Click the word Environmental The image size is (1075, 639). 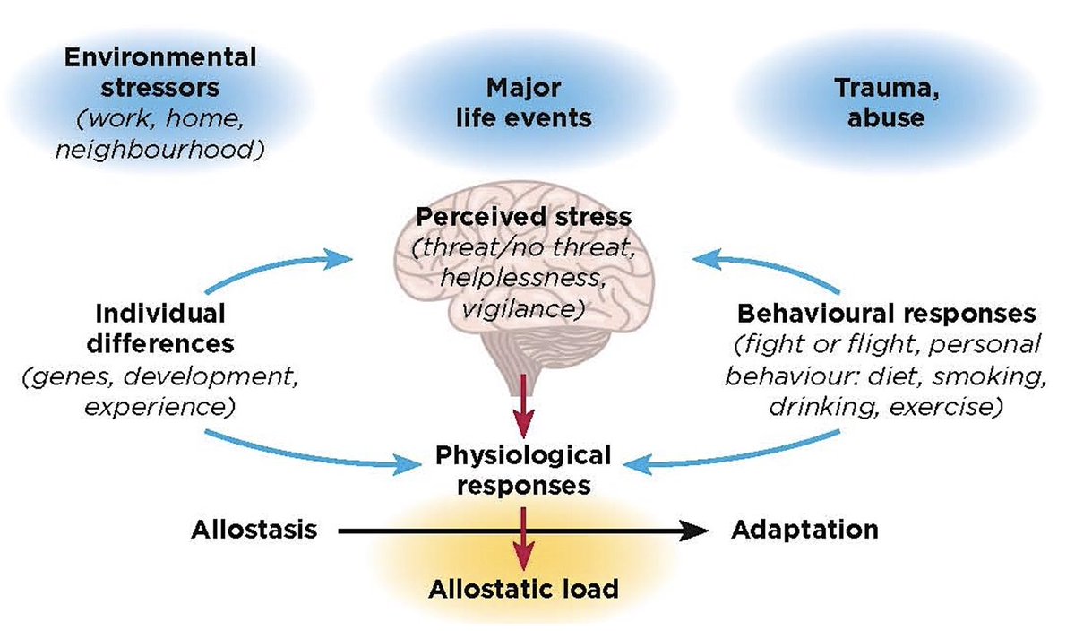(x=160, y=57)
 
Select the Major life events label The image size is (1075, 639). (x=523, y=103)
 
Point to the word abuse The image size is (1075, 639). (x=886, y=118)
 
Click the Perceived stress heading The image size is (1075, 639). (x=523, y=217)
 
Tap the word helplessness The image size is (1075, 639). (x=523, y=278)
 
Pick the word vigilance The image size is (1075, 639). (x=520, y=308)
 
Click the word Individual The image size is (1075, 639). (x=160, y=314)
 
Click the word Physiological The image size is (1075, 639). (x=523, y=456)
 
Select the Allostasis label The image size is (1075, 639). (x=254, y=530)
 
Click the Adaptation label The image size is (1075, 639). (x=804, y=530)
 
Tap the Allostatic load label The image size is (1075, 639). (x=523, y=589)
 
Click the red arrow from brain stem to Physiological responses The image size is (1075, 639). (x=523, y=406)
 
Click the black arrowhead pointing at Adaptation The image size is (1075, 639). (x=693, y=531)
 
